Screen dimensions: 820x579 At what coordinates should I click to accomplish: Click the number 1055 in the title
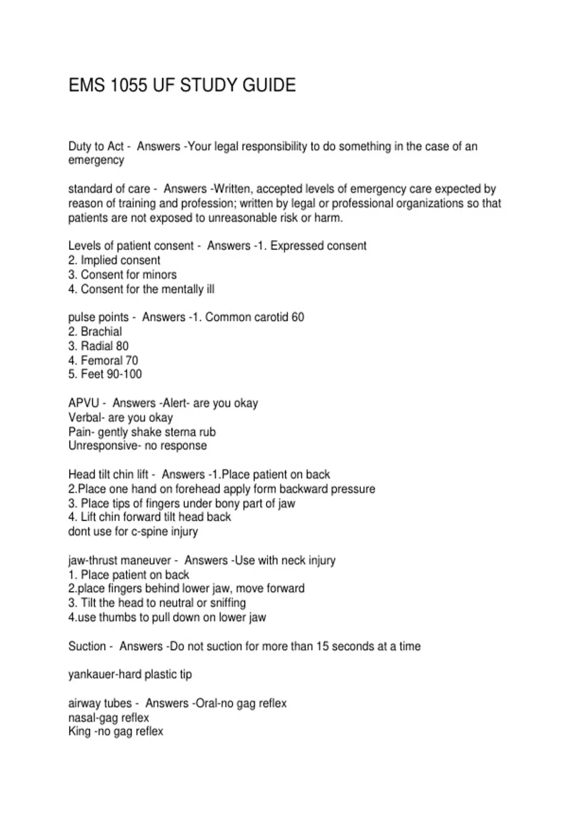(x=129, y=85)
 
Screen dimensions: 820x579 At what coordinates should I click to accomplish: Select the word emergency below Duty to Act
(x=96, y=160)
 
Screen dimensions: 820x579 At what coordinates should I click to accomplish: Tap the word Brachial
(x=101, y=331)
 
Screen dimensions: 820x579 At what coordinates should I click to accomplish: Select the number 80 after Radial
(x=122, y=346)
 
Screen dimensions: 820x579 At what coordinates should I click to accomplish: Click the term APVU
(x=83, y=403)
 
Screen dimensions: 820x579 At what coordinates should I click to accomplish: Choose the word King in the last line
(x=79, y=731)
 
